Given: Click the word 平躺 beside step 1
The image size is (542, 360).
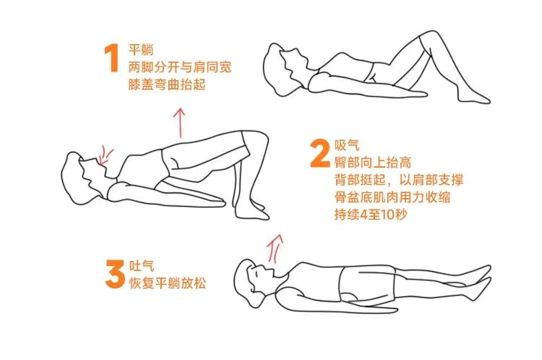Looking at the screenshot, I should point(140,51).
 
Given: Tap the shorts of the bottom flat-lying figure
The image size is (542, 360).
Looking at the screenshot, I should point(366,284).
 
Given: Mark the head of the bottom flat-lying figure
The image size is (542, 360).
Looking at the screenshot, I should point(252,278).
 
